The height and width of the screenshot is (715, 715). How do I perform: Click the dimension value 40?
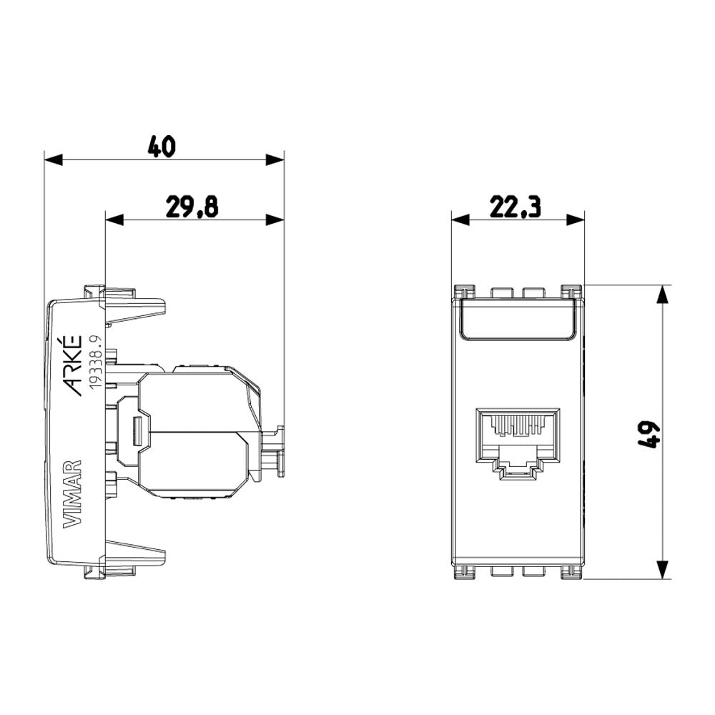[162, 146]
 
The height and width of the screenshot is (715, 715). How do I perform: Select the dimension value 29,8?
[192, 207]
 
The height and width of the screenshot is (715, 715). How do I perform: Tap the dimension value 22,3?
[515, 207]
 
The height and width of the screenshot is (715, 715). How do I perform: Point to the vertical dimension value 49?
[648, 433]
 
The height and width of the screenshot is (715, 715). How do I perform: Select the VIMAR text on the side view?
[73, 493]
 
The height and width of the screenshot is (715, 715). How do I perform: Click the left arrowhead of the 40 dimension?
[54, 159]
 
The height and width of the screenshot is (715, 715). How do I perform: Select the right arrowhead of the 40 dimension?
[275, 159]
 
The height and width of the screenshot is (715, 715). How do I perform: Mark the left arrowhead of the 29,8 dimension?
[115, 220]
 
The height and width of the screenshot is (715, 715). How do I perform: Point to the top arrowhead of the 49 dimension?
[664, 295]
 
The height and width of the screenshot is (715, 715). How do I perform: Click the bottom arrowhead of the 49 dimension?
[664, 569]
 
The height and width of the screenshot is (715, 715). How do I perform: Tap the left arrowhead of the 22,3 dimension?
[461, 220]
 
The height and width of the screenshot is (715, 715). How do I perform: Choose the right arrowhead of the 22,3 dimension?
[575, 220]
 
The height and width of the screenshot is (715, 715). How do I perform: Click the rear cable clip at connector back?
[275, 450]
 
